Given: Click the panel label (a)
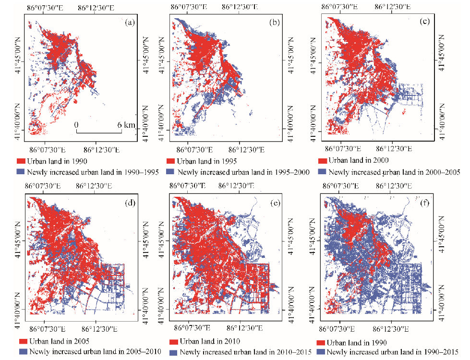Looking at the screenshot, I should tap(128, 23).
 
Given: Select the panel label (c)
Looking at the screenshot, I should tap(425, 23).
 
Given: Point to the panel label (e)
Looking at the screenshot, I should tap(275, 202).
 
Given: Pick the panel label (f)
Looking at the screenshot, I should tap(425, 202).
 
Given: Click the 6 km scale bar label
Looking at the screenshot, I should tap(125, 125).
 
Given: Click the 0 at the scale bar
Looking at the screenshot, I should tap(76, 125).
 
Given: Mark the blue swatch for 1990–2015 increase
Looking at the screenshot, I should tap(319, 352).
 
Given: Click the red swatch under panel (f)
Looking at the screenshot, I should tap(319, 343).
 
